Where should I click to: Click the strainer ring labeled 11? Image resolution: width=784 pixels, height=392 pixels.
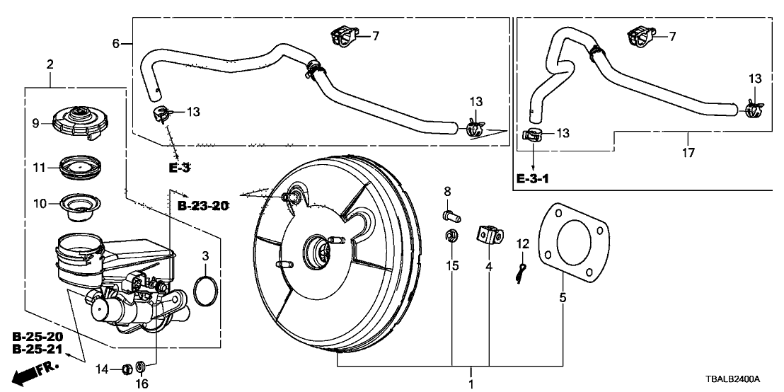coord(79,168)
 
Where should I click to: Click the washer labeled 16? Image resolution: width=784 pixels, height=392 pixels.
coord(141,367)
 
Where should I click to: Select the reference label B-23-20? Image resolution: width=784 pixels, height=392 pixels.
coord(203,206)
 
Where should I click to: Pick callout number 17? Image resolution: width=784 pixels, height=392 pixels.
coord(688,151)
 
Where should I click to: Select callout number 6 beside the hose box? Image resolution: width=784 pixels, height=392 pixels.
coord(115,43)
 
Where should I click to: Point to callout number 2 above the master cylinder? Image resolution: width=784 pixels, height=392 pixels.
coord(50,65)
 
